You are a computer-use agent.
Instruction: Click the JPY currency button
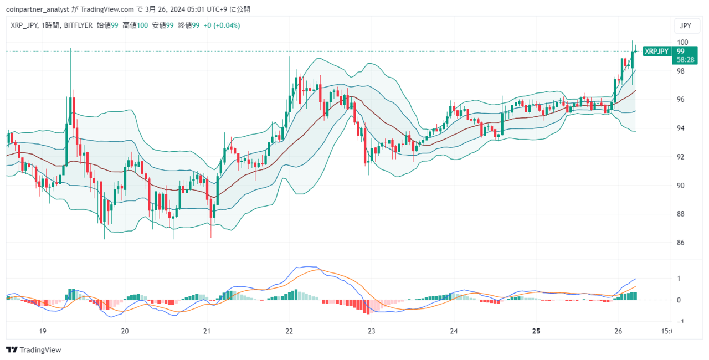tap(685, 25)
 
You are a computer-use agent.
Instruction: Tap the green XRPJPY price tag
tap(657, 52)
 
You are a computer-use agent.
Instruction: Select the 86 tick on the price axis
tap(681, 243)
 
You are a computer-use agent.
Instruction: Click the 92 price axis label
tap(681, 157)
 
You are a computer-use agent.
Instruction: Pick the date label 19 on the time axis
tap(43, 331)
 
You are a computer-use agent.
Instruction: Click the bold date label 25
tap(536, 331)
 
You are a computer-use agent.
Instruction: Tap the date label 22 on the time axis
tap(289, 331)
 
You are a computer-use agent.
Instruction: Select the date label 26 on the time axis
tap(618, 331)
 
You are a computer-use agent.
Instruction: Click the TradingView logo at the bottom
tap(34, 349)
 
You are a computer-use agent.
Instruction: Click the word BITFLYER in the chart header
tap(78, 25)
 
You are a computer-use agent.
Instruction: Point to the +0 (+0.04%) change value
tap(222, 25)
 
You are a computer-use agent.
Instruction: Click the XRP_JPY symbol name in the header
tap(24, 25)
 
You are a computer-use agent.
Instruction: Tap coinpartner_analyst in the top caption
tap(38, 9)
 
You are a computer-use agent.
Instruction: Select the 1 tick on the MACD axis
tap(679, 279)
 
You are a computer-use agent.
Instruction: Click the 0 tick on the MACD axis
tap(679, 300)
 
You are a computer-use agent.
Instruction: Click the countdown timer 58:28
tap(685, 60)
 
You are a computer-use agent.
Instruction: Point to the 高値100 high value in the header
tap(135, 25)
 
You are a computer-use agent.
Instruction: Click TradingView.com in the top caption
tap(107, 9)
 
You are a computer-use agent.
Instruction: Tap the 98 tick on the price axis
tap(681, 71)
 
